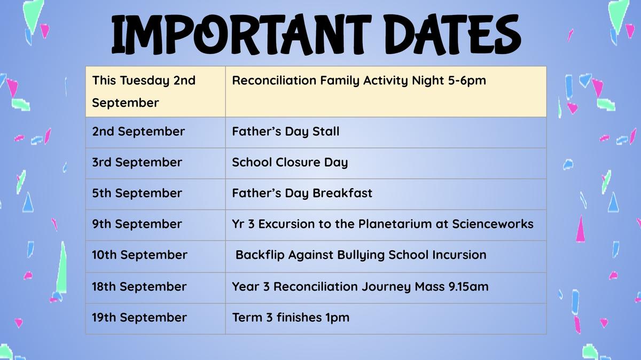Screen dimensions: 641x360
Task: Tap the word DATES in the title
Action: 454,34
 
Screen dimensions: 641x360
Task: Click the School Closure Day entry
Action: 290,162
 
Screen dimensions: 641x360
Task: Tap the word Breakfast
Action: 342,193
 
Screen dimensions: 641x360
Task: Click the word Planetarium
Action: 395,224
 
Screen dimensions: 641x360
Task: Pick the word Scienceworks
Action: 493,224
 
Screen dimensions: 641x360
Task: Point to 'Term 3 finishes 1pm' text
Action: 291,318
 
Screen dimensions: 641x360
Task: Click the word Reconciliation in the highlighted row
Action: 274,81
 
